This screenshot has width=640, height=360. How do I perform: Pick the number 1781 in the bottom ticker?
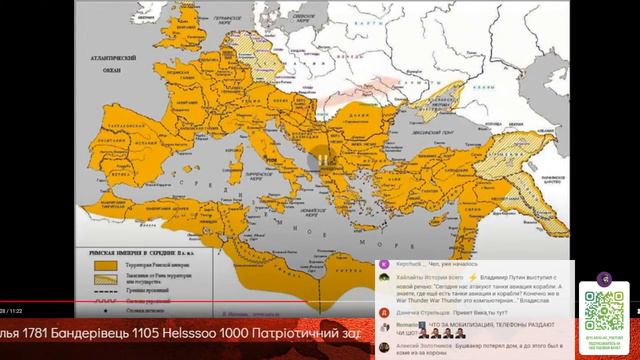coord(25,331)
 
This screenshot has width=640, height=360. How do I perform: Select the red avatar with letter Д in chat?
coord(385,312)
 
